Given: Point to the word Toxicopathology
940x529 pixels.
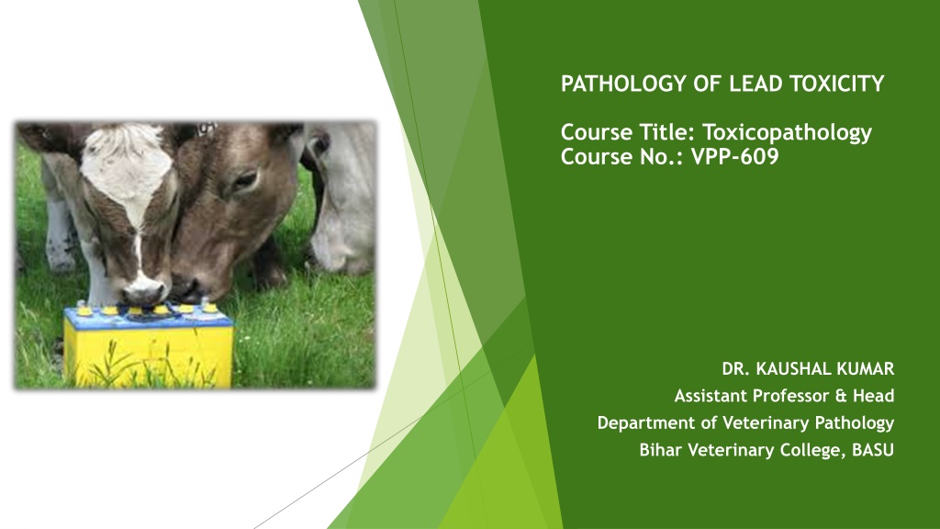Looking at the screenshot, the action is click(787, 133).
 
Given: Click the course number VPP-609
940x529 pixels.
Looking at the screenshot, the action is click(734, 157).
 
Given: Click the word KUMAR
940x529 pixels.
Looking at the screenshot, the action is click(867, 369).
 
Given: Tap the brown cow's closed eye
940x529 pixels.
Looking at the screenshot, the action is click(244, 180).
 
